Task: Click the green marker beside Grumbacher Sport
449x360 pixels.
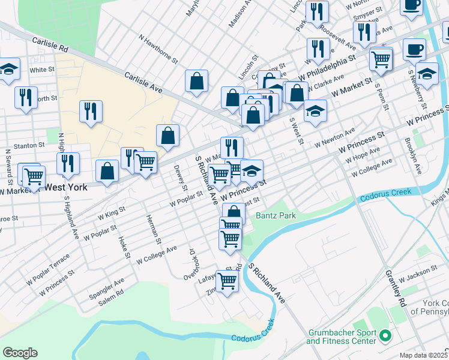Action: point(386,337)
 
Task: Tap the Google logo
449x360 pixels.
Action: point(20,353)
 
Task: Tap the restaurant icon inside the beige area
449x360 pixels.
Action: point(91,111)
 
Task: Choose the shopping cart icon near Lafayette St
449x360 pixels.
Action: point(227,280)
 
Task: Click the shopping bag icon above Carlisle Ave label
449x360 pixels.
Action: point(196,80)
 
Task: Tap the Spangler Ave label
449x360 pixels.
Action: point(106,283)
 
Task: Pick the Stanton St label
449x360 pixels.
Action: point(29,145)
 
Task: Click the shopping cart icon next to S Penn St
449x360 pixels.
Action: point(381,59)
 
